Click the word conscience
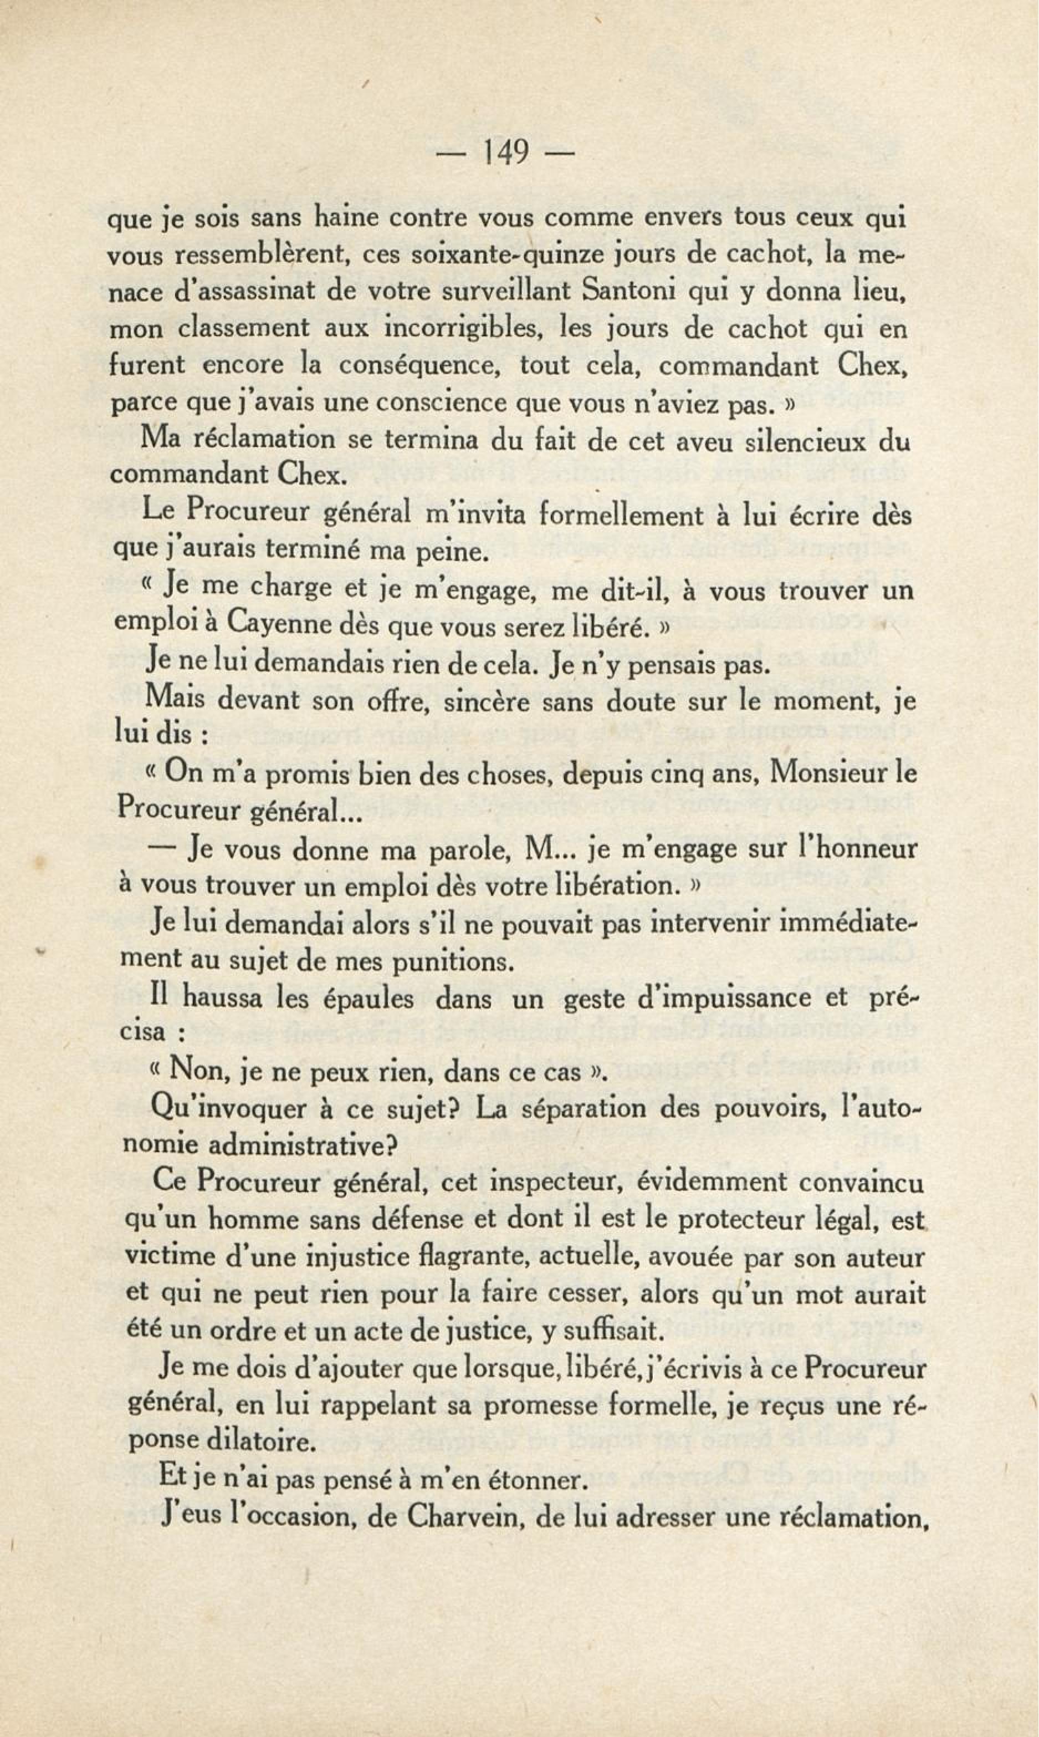click(x=437, y=404)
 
